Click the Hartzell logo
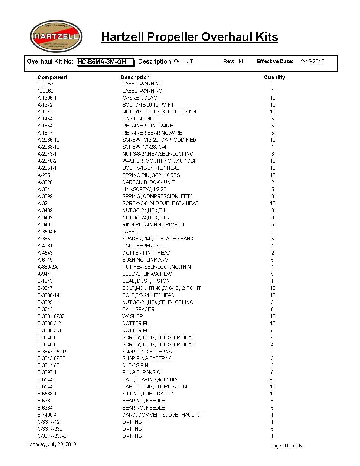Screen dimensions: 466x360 (56, 36)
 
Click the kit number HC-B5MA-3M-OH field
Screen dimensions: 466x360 (105, 62)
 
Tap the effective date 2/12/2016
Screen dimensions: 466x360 (312, 62)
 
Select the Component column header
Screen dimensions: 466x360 (52, 77)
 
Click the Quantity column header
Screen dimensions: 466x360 (274, 77)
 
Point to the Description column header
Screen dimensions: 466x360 (135, 77)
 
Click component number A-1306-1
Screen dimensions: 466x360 (47, 98)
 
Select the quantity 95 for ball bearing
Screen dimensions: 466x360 (272, 379)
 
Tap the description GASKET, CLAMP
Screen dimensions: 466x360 (141, 98)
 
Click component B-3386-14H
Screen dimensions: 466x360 (50, 295)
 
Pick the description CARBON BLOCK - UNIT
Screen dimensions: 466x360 (148, 182)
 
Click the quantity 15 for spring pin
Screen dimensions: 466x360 (272, 175)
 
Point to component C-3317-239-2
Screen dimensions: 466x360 (52, 436)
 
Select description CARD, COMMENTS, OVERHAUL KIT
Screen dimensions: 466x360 (162, 415)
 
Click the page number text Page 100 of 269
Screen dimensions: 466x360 (287, 446)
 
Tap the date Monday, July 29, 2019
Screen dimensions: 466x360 (52, 444)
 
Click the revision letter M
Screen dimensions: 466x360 (241, 62)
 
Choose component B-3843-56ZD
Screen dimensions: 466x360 (52, 358)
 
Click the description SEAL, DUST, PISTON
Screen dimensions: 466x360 (146, 281)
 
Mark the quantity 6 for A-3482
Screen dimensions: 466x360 (272, 224)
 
